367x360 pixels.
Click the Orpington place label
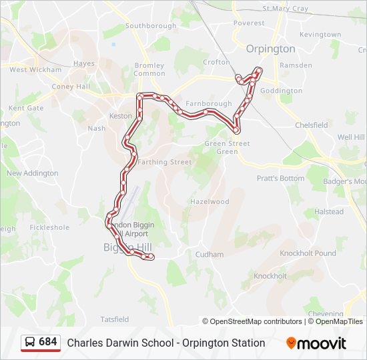click(x=270, y=49)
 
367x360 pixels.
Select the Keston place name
click(x=121, y=115)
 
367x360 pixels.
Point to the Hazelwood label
click(x=210, y=201)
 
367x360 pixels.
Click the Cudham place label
click(x=210, y=254)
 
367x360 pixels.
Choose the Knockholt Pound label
click(x=308, y=253)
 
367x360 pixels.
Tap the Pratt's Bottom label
click(x=280, y=178)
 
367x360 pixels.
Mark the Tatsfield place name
click(x=114, y=319)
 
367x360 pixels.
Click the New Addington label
click(x=32, y=173)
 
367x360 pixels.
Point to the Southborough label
click(x=151, y=26)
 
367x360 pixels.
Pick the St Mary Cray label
click(x=286, y=9)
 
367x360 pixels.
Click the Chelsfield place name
click(x=311, y=125)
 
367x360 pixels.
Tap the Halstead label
click(x=329, y=212)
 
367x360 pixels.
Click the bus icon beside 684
click(x=31, y=342)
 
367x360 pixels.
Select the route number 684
click(x=48, y=342)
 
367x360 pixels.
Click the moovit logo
click(x=316, y=343)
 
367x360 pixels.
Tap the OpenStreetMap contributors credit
click(x=256, y=321)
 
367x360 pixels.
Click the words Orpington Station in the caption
click(x=228, y=343)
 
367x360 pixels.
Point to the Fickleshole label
click(x=49, y=227)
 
